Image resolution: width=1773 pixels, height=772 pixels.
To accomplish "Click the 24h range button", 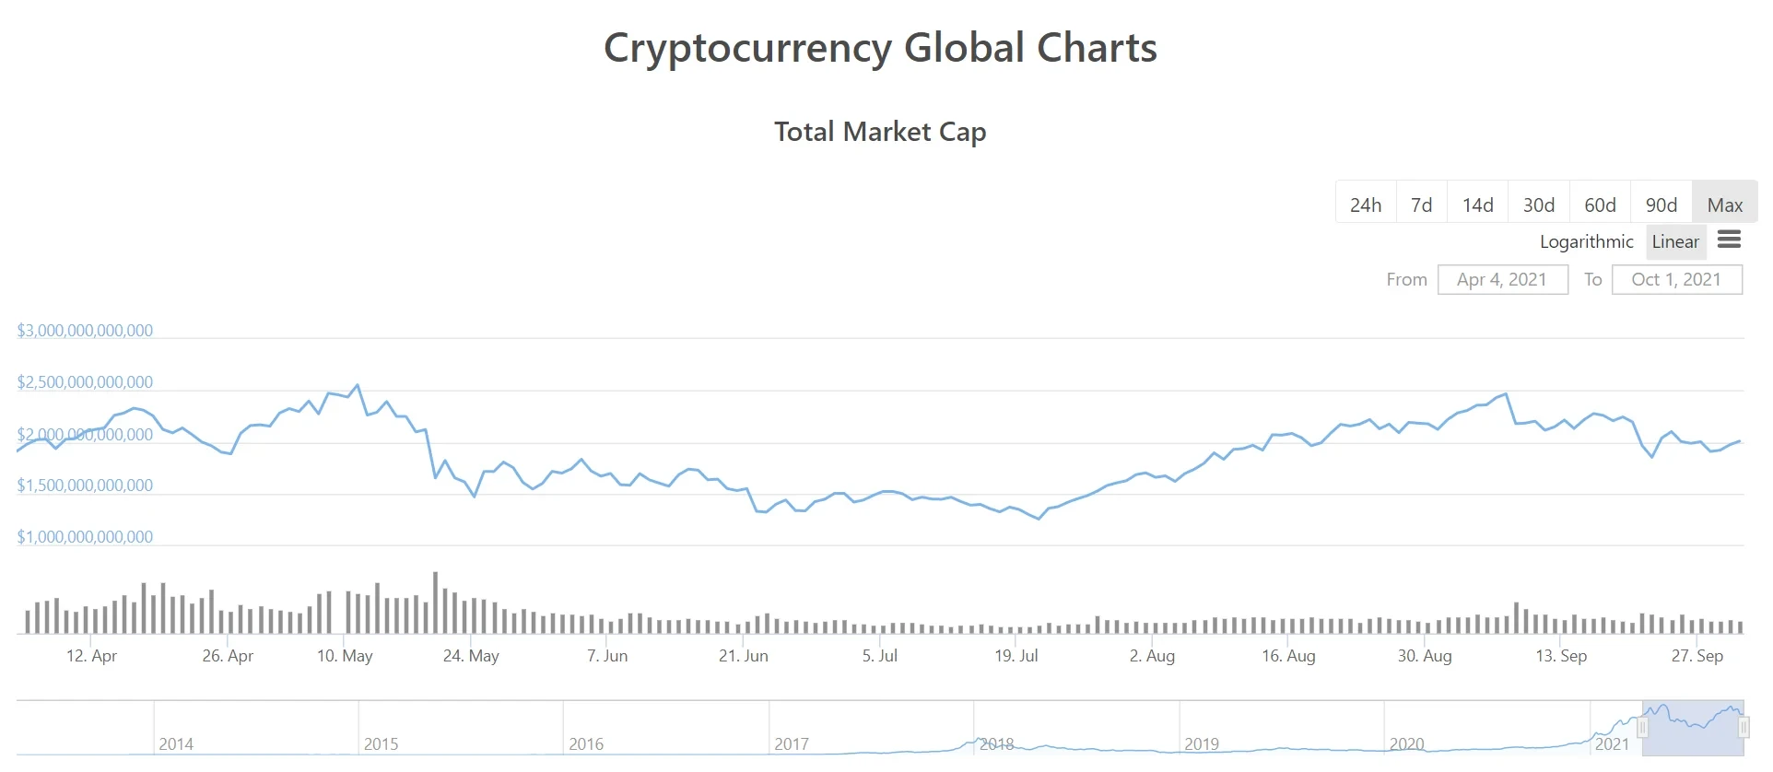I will [1365, 205].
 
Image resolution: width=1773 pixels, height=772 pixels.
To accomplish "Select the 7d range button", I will [1421, 205].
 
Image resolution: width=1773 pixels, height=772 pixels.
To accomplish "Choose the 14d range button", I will [1477, 205].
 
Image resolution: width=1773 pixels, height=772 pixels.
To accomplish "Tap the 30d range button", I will [1538, 205].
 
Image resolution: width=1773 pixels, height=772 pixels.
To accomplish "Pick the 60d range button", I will [1600, 205].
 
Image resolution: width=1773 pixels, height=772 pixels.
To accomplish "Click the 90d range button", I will [1661, 205].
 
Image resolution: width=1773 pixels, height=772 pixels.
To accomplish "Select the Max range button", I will [1724, 205].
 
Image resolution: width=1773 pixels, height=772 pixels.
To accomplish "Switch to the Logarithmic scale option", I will [1586, 241].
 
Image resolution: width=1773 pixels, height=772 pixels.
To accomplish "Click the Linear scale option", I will [1674, 241].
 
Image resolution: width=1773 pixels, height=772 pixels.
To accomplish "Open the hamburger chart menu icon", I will [1729, 240].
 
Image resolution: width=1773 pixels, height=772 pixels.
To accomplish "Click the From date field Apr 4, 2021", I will [1502, 279].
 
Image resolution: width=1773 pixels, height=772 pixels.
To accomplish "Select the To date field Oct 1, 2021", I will [1676, 279].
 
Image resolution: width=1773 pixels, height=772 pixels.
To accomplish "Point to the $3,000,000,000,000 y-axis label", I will [85, 331].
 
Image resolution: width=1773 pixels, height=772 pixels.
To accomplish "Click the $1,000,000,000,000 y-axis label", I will [85, 537].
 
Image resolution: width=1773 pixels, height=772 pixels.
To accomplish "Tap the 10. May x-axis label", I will [345, 656].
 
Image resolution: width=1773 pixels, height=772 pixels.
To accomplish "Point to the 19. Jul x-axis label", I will [1016, 656].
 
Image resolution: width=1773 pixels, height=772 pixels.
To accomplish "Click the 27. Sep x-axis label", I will [1697, 656].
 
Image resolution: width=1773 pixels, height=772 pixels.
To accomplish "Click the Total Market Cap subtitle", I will [880, 132].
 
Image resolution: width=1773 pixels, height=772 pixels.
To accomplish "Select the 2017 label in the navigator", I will [791, 743].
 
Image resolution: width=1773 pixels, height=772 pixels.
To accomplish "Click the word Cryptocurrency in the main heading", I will [747, 48].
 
